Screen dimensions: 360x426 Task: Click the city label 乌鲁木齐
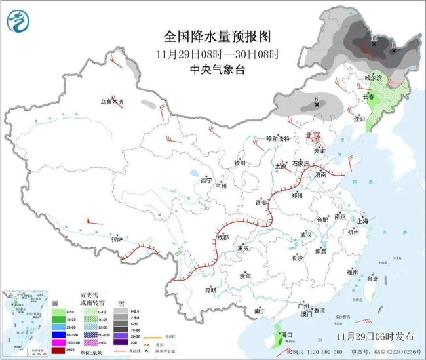(111, 102)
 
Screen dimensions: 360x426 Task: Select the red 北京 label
(313, 136)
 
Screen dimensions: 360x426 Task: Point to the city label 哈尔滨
(373, 78)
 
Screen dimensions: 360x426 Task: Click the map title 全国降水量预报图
(216, 36)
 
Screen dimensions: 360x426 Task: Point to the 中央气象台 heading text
(216, 68)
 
